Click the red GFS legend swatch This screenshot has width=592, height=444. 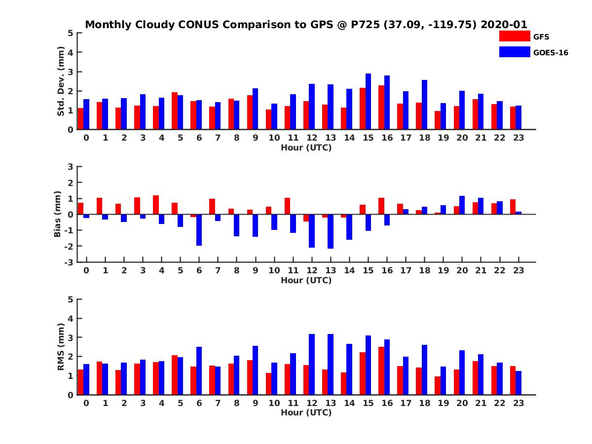[x=515, y=37]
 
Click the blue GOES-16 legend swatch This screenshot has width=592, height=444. [x=515, y=52]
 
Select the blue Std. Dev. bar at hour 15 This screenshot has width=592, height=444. [x=368, y=102]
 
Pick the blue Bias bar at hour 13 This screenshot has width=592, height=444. [x=331, y=231]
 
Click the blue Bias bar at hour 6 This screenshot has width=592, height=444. [x=199, y=230]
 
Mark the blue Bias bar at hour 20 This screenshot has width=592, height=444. [x=462, y=205]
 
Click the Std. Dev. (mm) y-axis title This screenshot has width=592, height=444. [x=61, y=81]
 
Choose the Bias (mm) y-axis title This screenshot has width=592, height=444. [x=58, y=214]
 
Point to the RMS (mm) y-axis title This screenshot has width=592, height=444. [x=61, y=347]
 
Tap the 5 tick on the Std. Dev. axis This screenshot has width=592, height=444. [x=71, y=33]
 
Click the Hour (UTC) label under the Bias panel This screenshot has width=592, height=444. [x=306, y=280]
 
